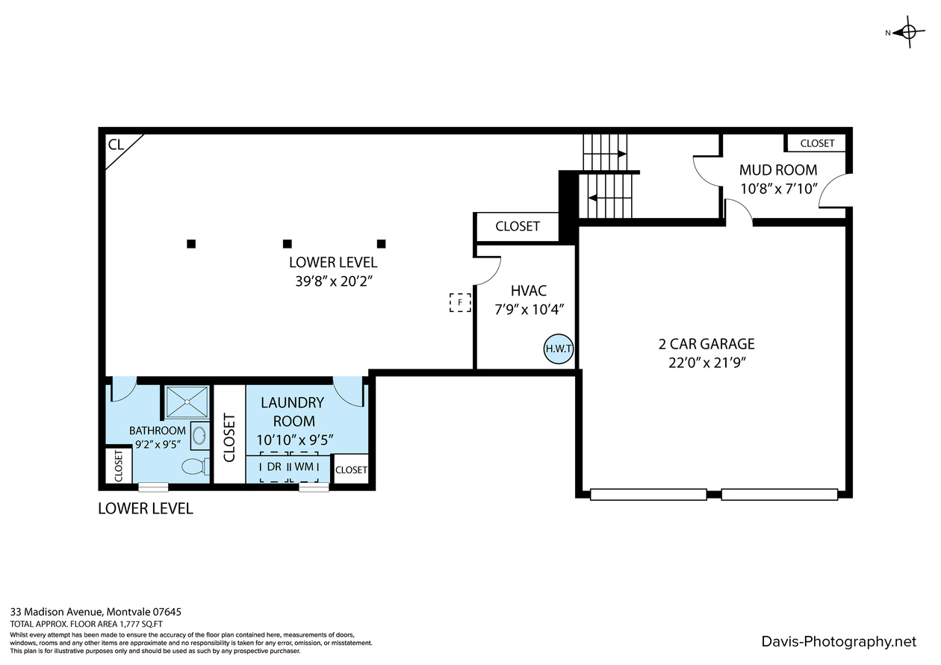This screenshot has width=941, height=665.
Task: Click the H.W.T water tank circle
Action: click(559, 349)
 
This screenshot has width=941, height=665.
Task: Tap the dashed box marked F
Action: click(460, 303)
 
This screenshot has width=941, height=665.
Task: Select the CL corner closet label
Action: click(116, 145)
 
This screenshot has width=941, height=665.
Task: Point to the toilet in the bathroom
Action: click(196, 466)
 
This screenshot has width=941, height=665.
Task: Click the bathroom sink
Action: click(199, 435)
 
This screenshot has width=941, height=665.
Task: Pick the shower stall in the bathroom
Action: click(187, 402)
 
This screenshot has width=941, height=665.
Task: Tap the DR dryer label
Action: click(274, 466)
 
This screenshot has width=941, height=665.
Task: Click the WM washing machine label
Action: click(304, 466)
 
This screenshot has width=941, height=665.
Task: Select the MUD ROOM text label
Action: click(778, 170)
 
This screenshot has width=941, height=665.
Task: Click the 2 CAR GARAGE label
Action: click(706, 344)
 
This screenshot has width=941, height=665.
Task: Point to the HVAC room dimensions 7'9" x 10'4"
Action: click(529, 310)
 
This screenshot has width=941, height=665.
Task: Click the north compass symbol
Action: click(907, 32)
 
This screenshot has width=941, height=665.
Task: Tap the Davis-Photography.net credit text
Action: click(839, 642)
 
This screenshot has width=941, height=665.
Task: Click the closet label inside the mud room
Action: click(817, 143)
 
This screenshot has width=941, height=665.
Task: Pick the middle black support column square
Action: click(288, 244)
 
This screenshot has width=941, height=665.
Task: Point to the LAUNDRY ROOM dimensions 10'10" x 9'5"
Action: click(295, 440)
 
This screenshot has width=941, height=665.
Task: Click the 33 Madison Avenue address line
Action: click(96, 612)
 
